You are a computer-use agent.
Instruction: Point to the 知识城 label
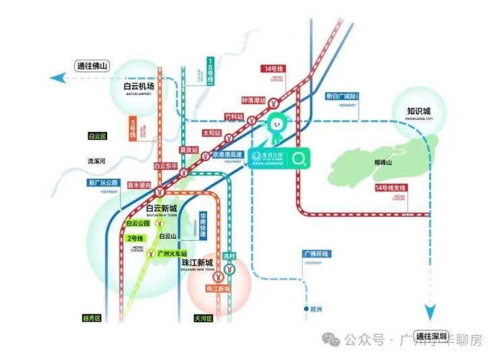coord(418,111)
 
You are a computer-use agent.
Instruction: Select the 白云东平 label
coord(165,165)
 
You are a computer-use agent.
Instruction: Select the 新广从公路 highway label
coord(102,183)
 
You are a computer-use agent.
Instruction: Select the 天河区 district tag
coord(202,318)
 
